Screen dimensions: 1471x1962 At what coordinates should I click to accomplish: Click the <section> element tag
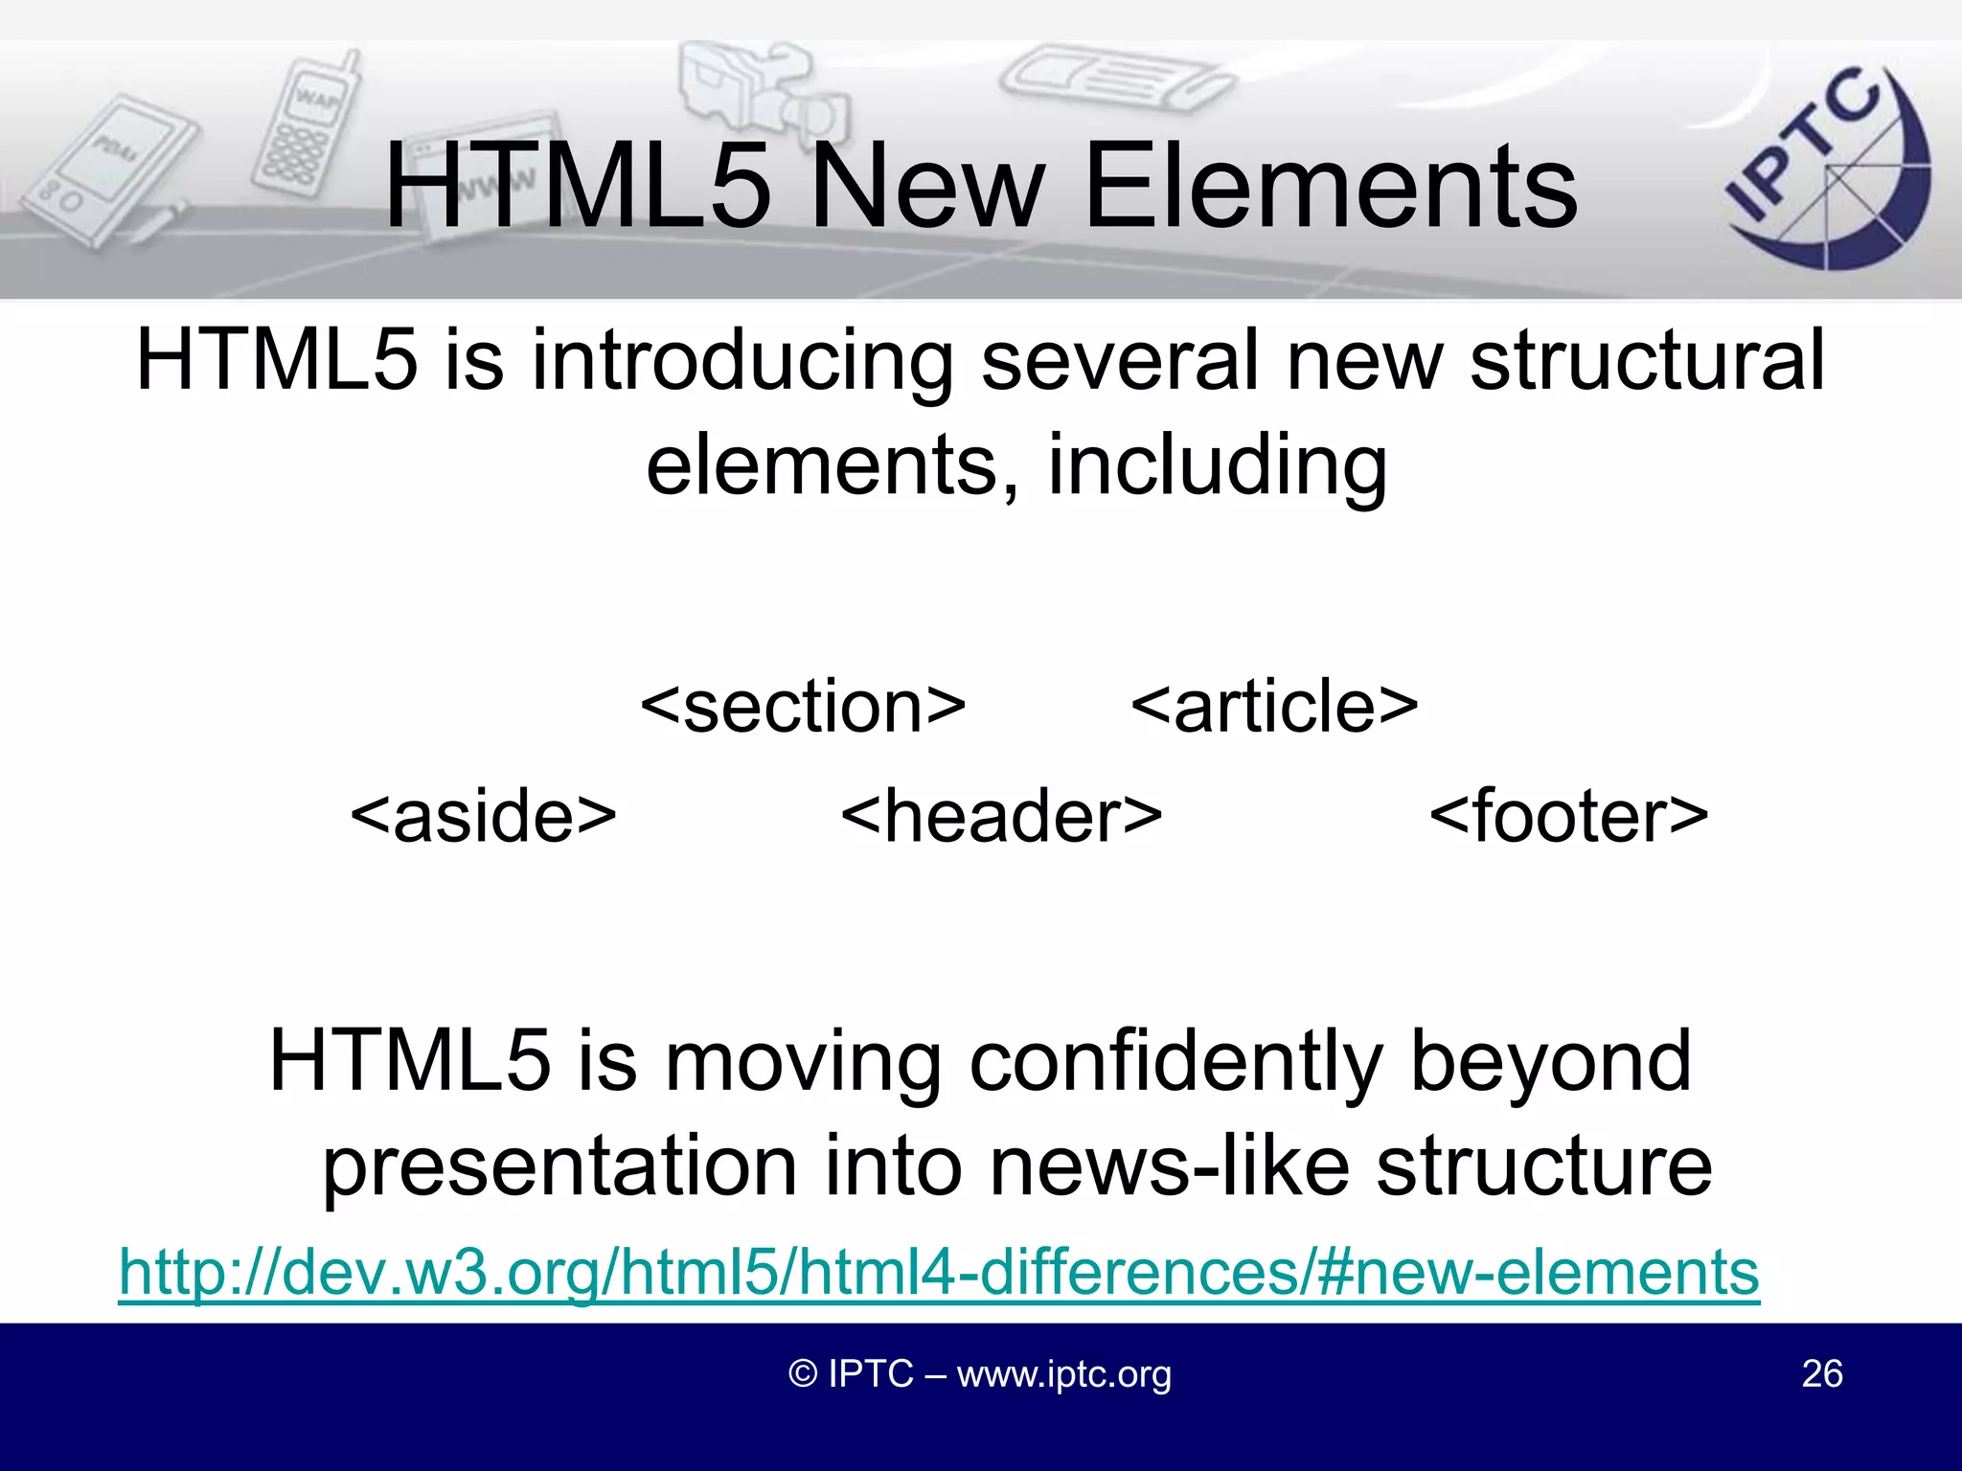803,707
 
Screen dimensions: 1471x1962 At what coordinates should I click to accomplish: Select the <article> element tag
1274,707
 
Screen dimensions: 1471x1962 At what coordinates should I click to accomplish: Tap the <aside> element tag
484,816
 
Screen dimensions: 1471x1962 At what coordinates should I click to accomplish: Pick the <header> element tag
1001,816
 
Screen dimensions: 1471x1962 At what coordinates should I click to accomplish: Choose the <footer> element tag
1568,816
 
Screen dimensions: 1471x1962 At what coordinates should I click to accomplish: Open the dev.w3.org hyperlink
939,1272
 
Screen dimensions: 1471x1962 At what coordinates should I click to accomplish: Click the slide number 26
1821,1373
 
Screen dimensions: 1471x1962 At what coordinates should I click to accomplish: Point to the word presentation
560,1168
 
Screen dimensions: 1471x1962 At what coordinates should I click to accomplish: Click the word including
1217,467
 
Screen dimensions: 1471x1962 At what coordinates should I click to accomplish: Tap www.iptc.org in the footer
1063,1374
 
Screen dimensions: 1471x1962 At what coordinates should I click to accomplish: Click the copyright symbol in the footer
803,1374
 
